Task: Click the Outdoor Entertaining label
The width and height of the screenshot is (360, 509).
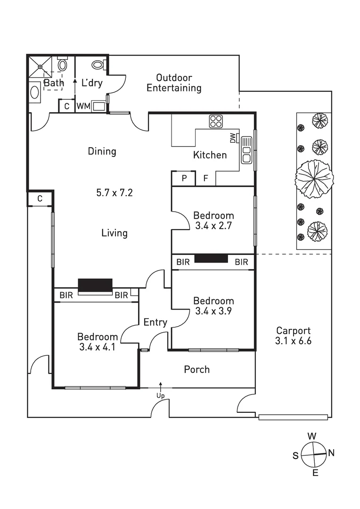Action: (x=174, y=82)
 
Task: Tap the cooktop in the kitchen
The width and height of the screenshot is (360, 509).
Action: (x=216, y=121)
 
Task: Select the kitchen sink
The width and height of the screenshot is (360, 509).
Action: (x=247, y=150)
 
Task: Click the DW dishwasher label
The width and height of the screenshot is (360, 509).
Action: (x=233, y=138)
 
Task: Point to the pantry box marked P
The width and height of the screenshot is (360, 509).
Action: (x=184, y=179)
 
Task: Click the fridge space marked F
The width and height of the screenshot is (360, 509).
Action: (x=205, y=179)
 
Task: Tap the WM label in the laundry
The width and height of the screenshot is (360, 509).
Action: (x=83, y=107)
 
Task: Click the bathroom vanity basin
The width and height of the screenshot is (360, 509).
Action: (x=35, y=92)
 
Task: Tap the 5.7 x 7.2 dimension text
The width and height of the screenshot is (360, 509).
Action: (x=115, y=192)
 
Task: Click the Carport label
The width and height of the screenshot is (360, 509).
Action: (x=293, y=336)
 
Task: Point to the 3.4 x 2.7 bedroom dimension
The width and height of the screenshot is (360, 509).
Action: (x=213, y=226)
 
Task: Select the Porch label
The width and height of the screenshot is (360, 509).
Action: (x=197, y=369)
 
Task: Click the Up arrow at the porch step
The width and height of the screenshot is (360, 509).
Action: (x=161, y=386)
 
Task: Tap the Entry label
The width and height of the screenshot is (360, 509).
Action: (x=155, y=322)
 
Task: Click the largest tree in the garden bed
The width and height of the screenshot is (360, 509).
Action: (x=314, y=178)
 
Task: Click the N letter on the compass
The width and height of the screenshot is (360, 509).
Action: (x=331, y=453)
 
